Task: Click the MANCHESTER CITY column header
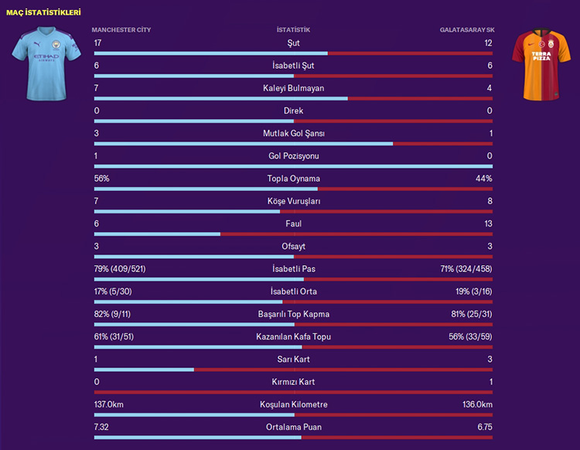[121, 30]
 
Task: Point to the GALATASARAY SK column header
[466, 30]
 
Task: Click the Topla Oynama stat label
[293, 179]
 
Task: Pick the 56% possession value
[101, 179]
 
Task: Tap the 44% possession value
[483, 179]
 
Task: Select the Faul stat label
[293, 223]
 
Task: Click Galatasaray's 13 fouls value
[487, 223]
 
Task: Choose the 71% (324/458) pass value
[466, 269]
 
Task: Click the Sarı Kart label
[293, 360]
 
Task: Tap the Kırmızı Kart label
[293, 382]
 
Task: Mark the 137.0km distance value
[109, 404]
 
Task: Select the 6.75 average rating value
[483, 427]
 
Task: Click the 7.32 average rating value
[101, 427]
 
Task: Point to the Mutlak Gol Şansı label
[293, 134]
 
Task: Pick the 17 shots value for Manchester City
[97, 43]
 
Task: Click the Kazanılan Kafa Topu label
[293, 337]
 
